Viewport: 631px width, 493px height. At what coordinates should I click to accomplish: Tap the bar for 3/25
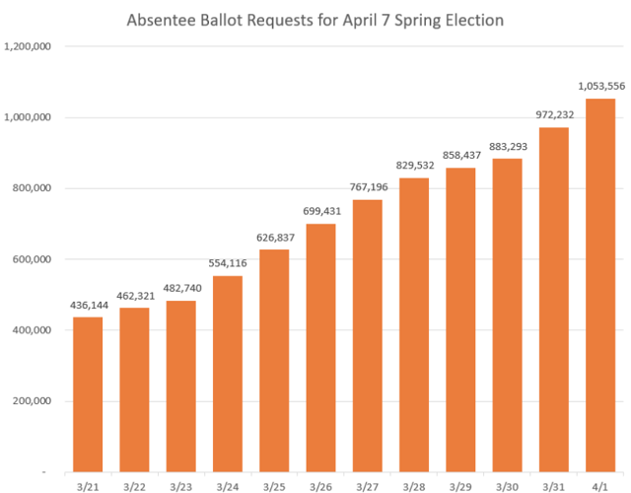click(274, 360)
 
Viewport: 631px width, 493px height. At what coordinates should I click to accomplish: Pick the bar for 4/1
click(600, 286)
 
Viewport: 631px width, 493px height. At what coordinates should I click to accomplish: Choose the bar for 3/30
click(507, 316)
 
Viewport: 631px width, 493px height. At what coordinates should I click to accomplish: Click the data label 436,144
click(87, 305)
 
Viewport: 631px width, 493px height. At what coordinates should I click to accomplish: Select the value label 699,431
click(320, 211)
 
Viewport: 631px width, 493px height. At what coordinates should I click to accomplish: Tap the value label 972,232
click(553, 115)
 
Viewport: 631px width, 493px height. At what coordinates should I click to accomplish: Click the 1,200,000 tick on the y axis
click(29, 46)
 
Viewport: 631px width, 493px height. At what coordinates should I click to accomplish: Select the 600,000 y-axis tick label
click(33, 259)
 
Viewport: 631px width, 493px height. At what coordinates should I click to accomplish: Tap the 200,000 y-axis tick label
click(33, 401)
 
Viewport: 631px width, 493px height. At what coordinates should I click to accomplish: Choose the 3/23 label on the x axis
click(180, 485)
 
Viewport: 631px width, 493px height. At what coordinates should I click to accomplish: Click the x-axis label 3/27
click(367, 485)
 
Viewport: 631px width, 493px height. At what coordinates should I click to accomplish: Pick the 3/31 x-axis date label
click(553, 485)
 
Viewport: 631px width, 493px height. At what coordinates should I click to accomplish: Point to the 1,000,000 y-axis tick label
click(29, 117)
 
